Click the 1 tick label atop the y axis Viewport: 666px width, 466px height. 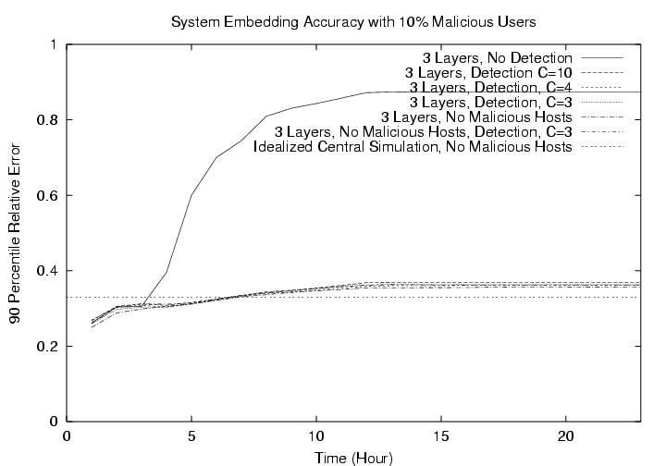point(54,44)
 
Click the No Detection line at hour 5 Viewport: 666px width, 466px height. point(191,195)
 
